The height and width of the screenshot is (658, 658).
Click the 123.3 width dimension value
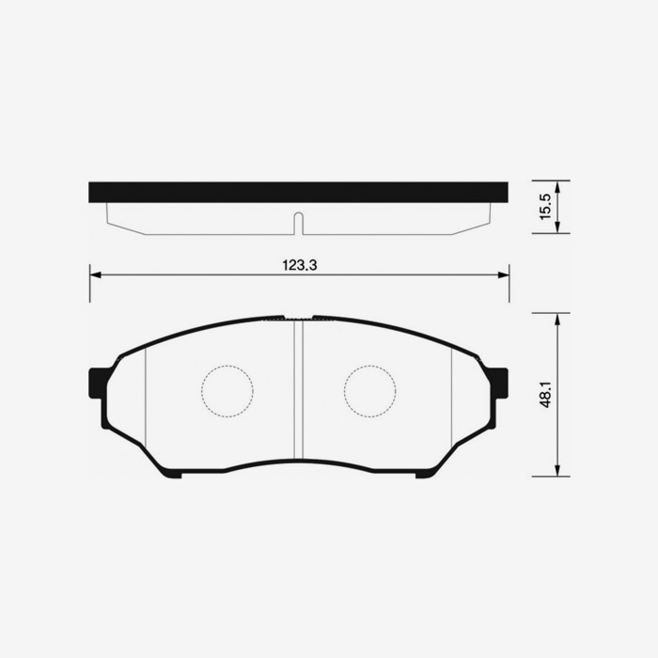299,266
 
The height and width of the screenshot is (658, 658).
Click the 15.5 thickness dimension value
544,207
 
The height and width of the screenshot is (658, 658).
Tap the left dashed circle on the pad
227,390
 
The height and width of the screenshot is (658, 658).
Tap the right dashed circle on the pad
369,390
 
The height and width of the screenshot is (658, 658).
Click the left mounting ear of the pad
97,383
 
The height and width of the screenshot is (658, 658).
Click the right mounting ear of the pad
499,383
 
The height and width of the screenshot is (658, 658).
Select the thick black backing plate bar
298,192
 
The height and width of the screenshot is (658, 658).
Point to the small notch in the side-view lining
298,224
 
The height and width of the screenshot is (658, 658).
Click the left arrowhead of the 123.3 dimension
94,275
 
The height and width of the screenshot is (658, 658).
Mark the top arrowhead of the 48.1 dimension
557,319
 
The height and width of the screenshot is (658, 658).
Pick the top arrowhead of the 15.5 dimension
557,185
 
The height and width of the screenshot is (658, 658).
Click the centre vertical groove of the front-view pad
299,390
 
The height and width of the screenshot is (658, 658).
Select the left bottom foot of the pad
170,473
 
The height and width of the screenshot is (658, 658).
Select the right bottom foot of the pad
426,473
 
